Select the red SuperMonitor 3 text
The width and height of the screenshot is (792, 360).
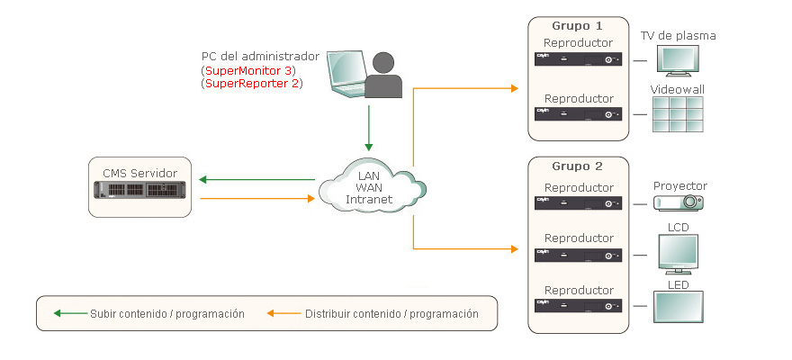(248, 70)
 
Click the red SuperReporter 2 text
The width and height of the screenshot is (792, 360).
(251, 84)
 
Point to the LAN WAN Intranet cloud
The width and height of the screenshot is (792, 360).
(370, 185)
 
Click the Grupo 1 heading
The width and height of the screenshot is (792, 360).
(578, 26)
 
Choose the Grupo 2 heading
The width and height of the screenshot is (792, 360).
(578, 166)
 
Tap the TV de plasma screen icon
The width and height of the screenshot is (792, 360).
(679, 60)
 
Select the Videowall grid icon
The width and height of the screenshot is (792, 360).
(678, 114)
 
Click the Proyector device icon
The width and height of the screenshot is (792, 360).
(679, 203)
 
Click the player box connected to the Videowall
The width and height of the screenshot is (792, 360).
(579, 114)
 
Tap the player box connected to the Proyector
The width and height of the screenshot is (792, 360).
(579, 203)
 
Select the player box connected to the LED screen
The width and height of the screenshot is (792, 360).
(579, 307)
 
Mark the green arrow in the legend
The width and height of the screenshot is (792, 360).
(69, 314)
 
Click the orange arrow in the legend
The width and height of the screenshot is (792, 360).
(283, 314)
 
